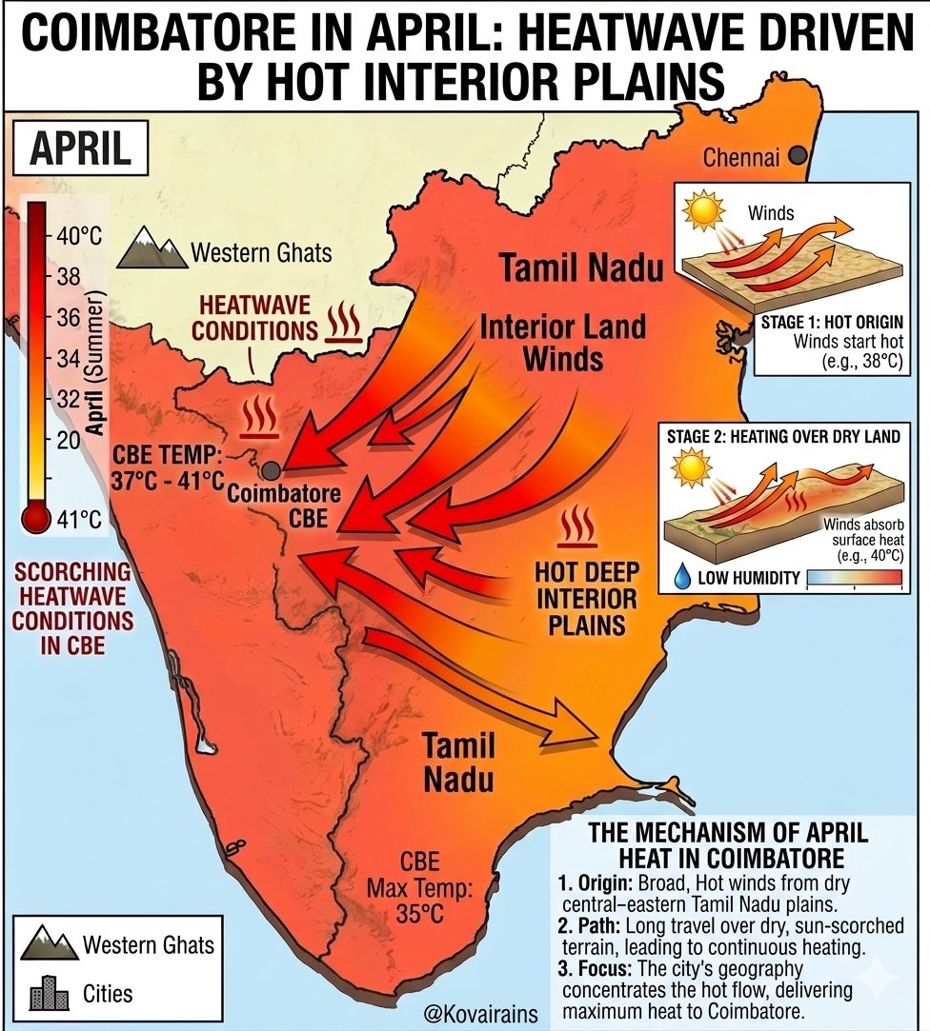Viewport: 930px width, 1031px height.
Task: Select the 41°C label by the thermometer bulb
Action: (x=80, y=519)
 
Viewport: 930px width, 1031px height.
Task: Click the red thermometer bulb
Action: (x=36, y=518)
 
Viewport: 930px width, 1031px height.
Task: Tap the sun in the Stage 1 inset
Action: (x=705, y=210)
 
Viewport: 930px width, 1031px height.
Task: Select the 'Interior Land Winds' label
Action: (x=563, y=342)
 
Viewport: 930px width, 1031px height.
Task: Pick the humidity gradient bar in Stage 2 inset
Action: (x=854, y=577)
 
